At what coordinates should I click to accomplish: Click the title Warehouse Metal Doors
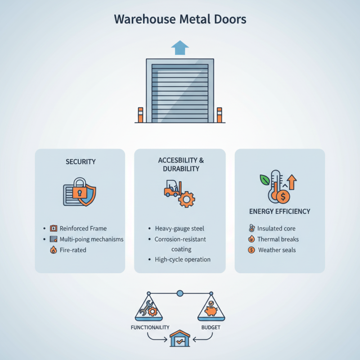tap(180, 20)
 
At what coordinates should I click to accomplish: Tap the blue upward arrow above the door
tap(180, 47)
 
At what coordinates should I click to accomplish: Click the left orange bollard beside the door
tap(140, 115)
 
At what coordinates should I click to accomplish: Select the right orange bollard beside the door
tap(220, 115)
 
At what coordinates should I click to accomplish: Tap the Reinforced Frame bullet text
tap(83, 229)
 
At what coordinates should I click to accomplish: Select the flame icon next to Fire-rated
tap(54, 250)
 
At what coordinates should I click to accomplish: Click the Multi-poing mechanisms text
tap(91, 239)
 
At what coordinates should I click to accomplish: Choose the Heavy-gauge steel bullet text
tap(179, 229)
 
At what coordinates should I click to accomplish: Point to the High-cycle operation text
tap(182, 260)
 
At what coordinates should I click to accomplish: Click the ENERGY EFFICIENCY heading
tap(279, 211)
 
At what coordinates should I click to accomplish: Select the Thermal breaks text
tap(278, 239)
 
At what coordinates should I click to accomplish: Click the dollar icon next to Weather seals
tap(251, 250)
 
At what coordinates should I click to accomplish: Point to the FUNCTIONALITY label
tap(150, 327)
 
